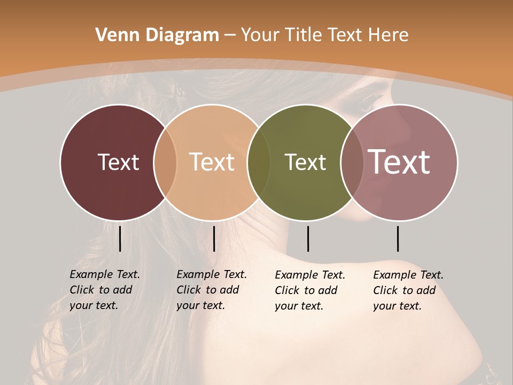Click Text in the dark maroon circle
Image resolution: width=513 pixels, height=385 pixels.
coord(118,162)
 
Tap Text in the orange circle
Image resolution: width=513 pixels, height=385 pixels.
coord(212,162)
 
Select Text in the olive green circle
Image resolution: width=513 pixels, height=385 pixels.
coord(305,162)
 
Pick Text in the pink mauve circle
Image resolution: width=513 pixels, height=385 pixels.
coord(399,161)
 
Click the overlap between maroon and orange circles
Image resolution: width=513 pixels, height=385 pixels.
coord(165,163)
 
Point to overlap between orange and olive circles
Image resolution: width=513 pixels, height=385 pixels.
coord(259,163)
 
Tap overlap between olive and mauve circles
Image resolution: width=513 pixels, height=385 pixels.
coord(352,163)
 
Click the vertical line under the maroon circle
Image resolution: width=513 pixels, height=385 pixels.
coord(120,238)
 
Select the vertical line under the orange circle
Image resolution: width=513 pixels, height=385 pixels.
coord(214,238)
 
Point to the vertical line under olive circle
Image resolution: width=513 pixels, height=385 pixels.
coord(308,238)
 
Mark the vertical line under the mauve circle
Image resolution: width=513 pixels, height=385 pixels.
coord(398,238)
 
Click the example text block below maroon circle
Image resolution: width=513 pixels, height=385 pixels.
coord(105,290)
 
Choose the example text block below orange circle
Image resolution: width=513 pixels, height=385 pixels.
coord(212,290)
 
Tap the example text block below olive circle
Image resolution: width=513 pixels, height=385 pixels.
coord(310,290)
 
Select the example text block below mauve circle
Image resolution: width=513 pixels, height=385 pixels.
coord(408,290)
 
